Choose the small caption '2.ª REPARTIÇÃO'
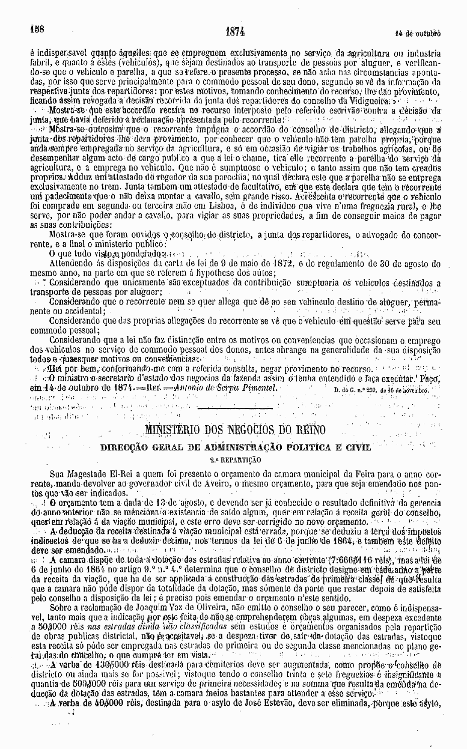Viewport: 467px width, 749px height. click(x=235, y=459)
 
